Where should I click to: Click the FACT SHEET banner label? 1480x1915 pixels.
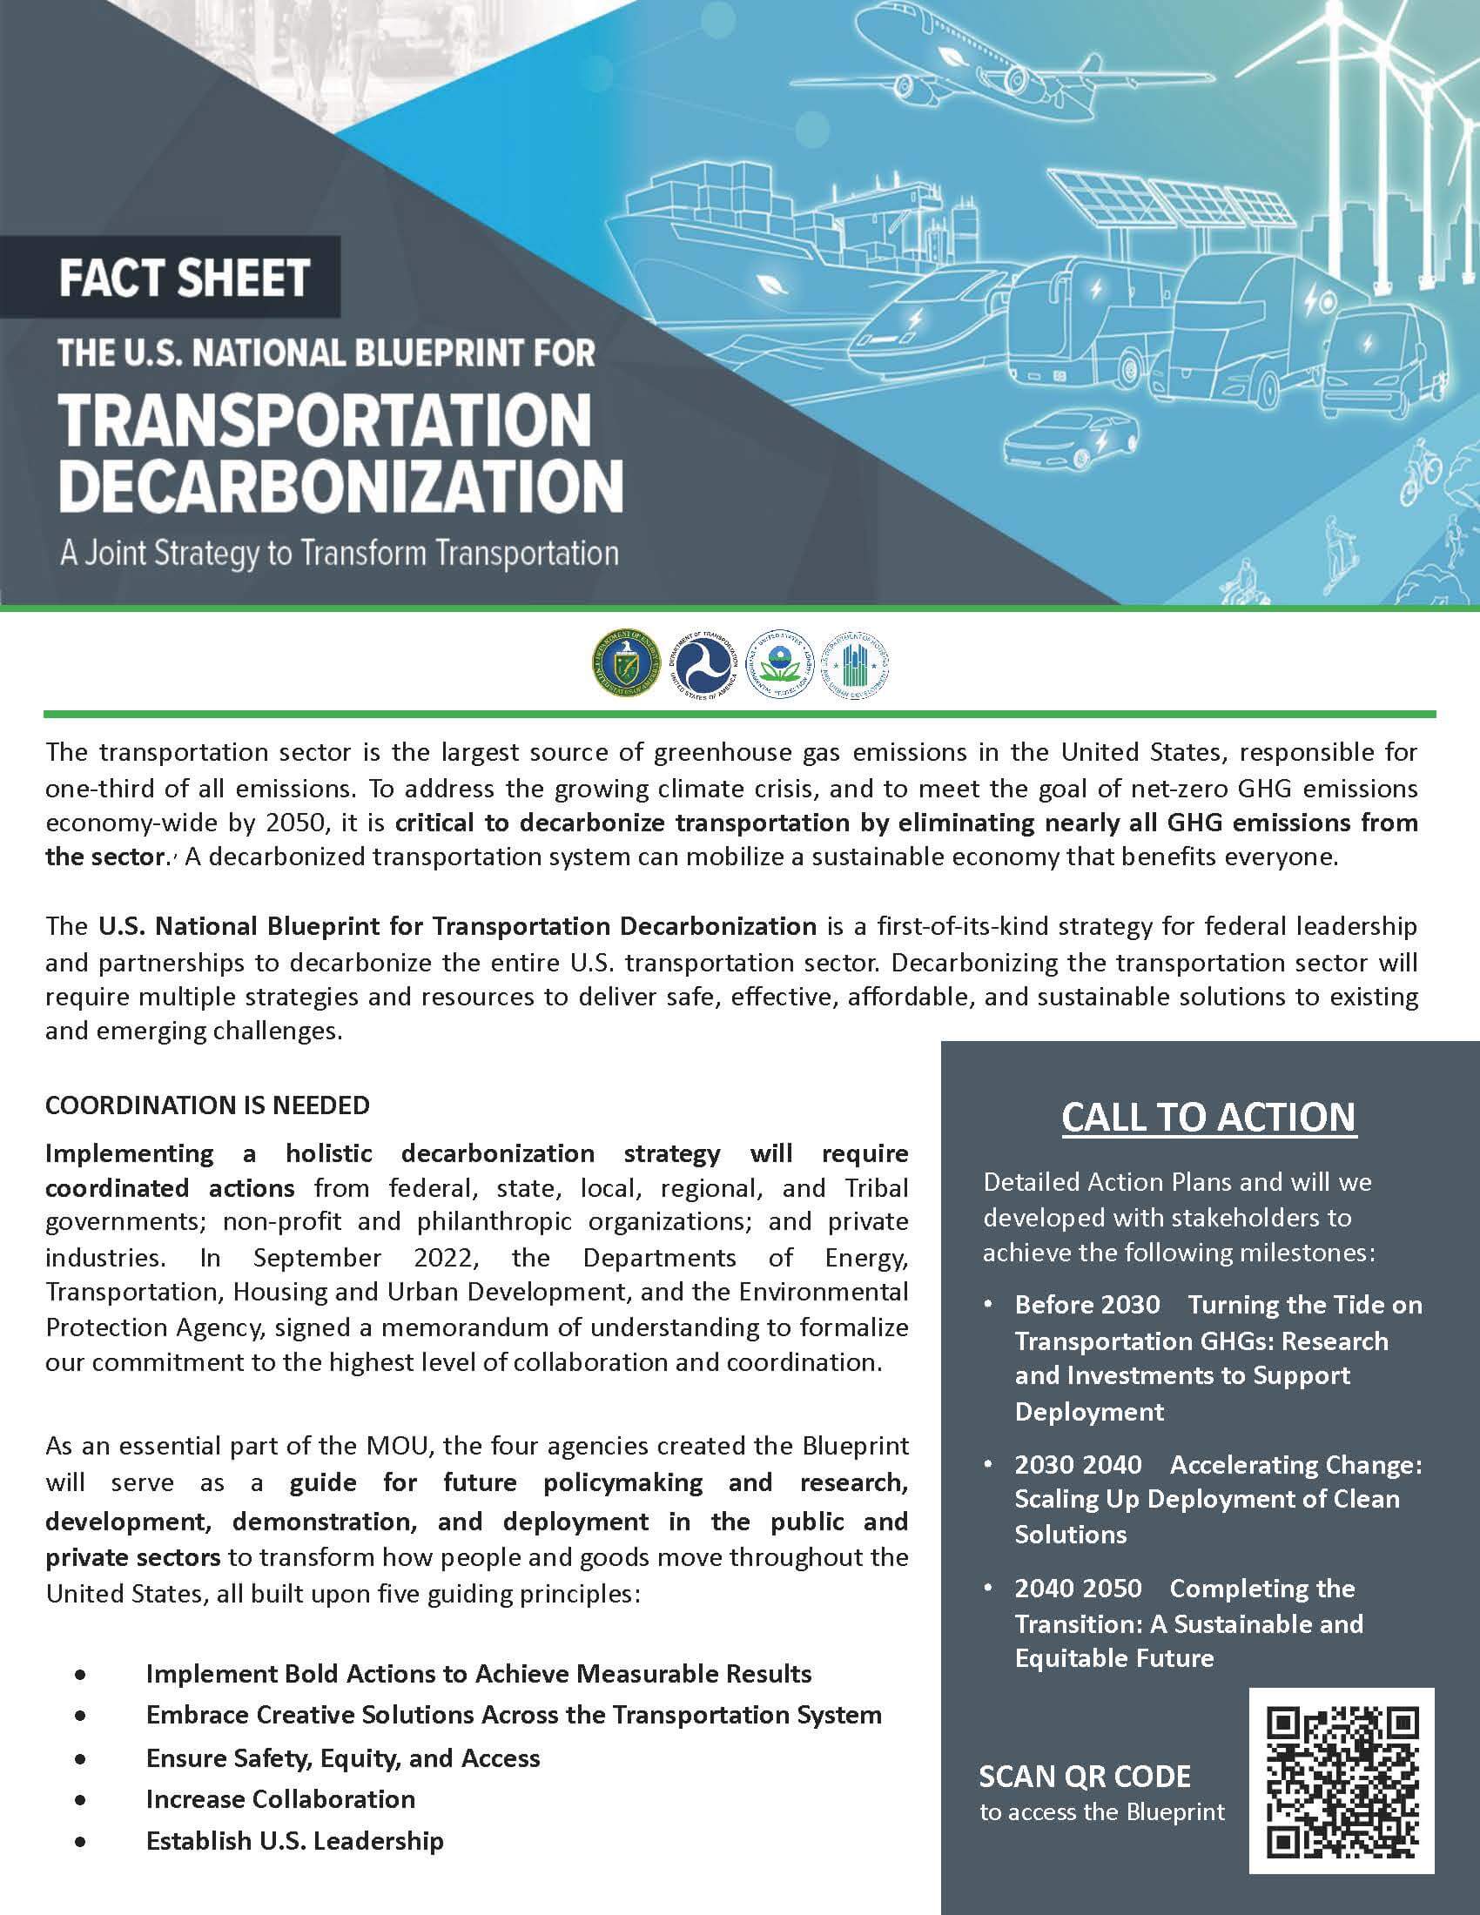pyautogui.click(x=184, y=278)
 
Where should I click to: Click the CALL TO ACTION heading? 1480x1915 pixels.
pyautogui.click(x=1209, y=1117)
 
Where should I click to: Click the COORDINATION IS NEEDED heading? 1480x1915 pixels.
pyautogui.click(x=208, y=1105)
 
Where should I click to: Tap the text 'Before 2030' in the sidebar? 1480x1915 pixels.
pyautogui.click(x=1087, y=1305)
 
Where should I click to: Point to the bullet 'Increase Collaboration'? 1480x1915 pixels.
pyautogui.click(x=280, y=1799)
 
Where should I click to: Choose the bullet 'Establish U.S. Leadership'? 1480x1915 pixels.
pyautogui.click(x=294, y=1840)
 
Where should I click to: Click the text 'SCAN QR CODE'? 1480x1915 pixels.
pyautogui.click(x=1085, y=1777)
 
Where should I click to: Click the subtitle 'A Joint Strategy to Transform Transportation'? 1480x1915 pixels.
pyautogui.click(x=340, y=554)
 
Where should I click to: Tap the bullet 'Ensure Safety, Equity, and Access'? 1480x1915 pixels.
pyautogui.click(x=343, y=1758)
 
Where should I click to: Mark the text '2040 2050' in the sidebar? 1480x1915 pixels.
pyautogui.click(x=1079, y=1589)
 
